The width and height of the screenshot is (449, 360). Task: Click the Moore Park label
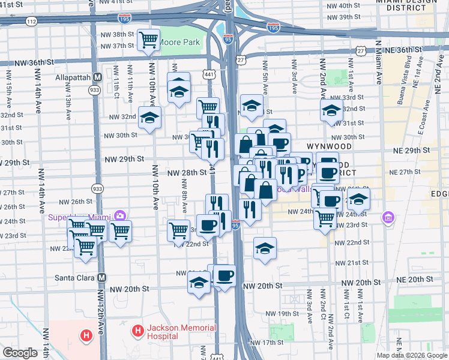[182, 43]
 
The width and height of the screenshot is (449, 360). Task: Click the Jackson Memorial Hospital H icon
[137, 330]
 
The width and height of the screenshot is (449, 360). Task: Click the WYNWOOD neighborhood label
[328, 146]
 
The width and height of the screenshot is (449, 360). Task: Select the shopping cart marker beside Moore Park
[148, 40]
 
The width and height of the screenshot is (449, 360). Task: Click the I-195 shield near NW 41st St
[125, 20]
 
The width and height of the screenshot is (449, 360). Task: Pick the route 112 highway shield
[32, 21]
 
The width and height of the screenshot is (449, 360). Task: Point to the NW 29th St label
[125, 159]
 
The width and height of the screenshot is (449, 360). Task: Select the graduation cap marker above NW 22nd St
[264, 248]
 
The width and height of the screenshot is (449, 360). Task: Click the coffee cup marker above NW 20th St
[224, 275]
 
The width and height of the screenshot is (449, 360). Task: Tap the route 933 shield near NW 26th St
[97, 188]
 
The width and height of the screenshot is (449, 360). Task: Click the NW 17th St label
[267, 342]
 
